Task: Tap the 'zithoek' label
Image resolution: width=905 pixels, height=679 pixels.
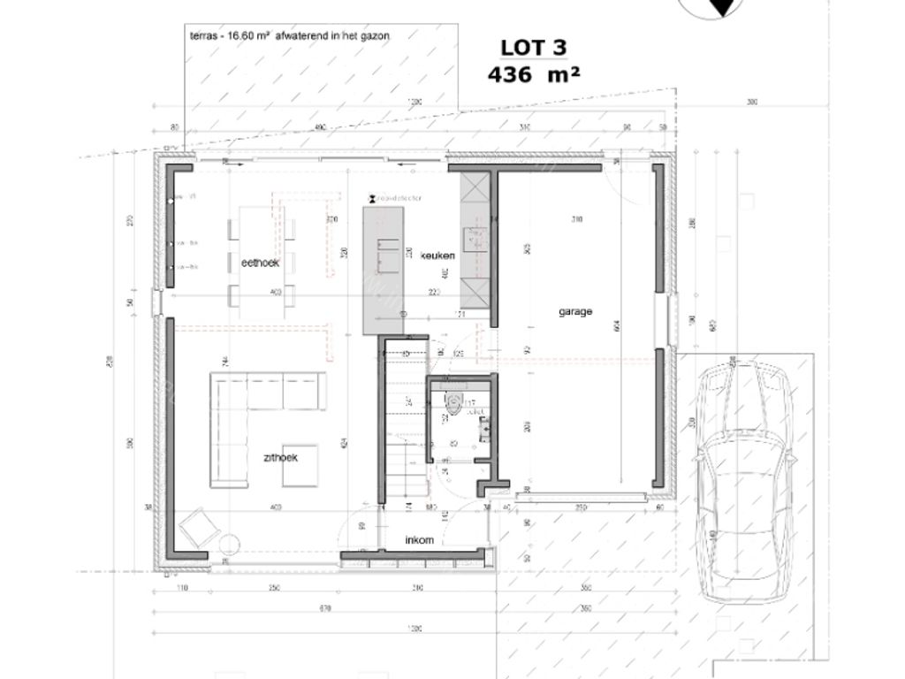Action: (279, 457)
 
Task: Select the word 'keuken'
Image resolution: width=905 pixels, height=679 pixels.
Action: (437, 256)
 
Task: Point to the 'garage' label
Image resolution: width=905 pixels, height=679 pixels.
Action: (574, 311)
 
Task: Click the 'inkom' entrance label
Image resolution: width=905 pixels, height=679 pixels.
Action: (419, 539)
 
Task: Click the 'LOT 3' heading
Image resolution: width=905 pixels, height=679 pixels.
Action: (533, 48)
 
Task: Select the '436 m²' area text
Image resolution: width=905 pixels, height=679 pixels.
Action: (533, 74)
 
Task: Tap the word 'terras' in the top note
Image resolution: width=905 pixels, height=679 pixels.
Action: (205, 36)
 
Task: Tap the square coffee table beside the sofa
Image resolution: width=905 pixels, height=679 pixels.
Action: (302, 466)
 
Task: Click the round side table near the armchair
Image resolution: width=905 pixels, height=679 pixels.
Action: (232, 545)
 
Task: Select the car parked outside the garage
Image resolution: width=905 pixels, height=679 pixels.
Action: (744, 483)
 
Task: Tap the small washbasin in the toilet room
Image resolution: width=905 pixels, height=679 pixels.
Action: (484, 429)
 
